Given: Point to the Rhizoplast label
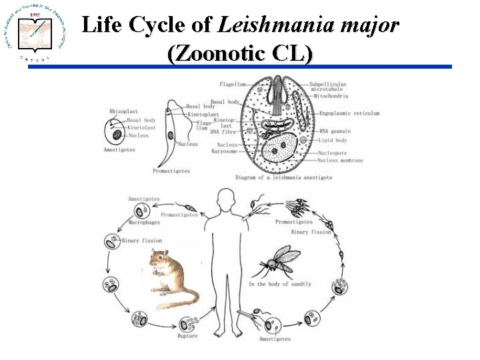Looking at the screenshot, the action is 123,111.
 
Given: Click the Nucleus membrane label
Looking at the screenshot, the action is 341,161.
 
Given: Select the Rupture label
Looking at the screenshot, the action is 188,336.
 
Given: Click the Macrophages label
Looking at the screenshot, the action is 145,223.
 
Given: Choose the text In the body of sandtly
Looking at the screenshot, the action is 279,284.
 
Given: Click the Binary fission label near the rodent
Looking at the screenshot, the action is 141,240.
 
